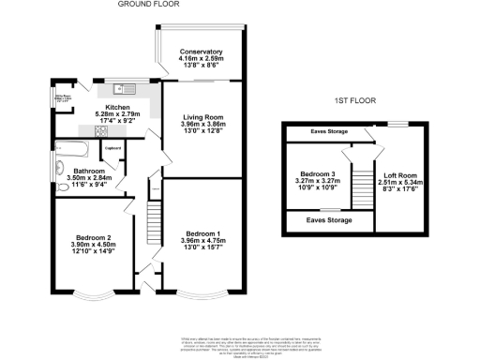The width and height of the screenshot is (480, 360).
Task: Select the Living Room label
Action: coord(202,117)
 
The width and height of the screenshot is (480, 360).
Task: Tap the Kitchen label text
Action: coord(117,108)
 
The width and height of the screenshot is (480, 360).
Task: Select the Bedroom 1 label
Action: coord(202,232)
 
